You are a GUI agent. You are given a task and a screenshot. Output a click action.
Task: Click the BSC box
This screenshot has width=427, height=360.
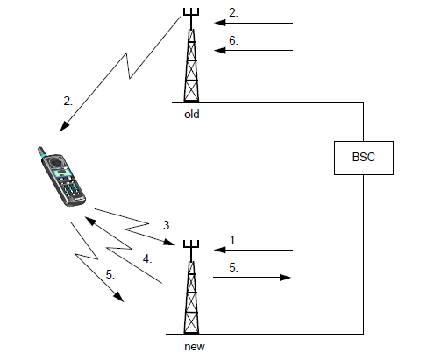coord(364,158)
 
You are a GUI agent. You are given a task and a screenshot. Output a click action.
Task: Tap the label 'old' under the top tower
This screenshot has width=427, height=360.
coord(192,114)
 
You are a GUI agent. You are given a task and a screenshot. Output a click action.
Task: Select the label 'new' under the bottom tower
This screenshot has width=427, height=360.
coord(195,347)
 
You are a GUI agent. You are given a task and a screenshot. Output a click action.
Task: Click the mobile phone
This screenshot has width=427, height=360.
coord(61,176)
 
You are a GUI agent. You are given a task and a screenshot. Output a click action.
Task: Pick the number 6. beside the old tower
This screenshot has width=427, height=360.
coord(233,40)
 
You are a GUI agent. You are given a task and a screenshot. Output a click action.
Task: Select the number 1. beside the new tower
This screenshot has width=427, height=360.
coord(234,241)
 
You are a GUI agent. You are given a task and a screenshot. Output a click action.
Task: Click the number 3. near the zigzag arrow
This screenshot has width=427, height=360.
coord(167,225)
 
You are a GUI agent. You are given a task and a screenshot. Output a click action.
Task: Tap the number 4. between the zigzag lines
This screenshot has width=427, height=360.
coord(147,259)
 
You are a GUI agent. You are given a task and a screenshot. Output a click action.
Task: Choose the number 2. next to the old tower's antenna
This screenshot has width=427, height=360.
coord(233,13)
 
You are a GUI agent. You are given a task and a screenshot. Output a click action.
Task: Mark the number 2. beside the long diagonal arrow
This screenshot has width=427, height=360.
coord(68,102)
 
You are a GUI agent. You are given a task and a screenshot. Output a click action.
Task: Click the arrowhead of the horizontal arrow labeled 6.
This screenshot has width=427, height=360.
coord(220,50)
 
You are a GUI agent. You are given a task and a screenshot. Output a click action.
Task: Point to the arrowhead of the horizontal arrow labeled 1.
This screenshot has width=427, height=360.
coord(220,250)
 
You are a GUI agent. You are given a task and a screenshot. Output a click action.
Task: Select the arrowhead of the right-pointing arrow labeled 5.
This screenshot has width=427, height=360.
coord(286,277)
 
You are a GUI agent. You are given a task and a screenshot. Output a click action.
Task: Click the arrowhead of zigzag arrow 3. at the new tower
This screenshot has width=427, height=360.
coord(169,242)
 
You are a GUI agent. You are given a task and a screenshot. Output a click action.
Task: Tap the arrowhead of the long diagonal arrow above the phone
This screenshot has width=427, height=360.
coord(64,127)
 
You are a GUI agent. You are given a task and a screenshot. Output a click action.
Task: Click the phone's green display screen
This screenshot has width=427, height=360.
coord(62,173)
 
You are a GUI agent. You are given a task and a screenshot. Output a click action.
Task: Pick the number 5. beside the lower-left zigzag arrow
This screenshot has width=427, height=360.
coord(110,275)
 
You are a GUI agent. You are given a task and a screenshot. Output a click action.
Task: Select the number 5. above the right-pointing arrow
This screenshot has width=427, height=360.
coord(233,267)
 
